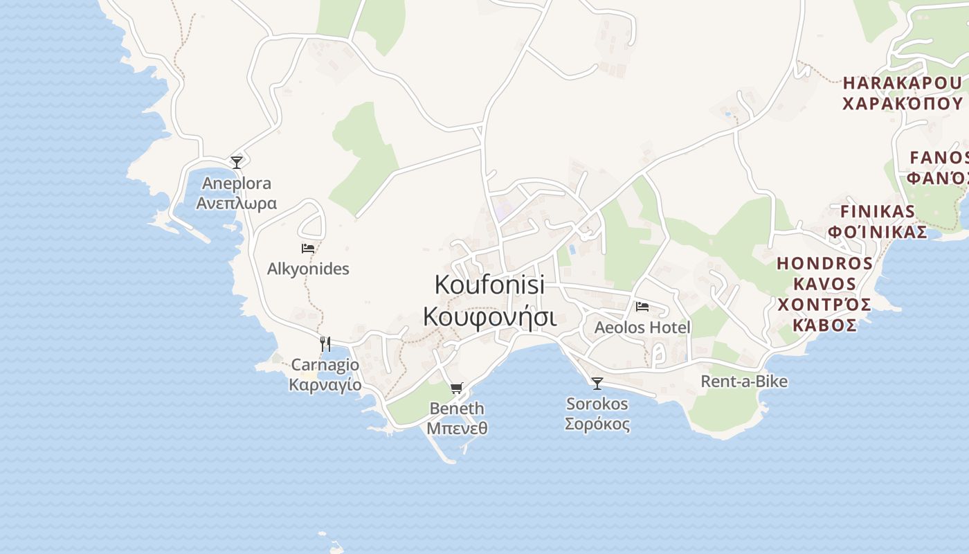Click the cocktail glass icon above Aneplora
click(237, 163)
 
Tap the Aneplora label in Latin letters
click(237, 184)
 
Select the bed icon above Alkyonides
click(308, 248)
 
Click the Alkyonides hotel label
click(308, 269)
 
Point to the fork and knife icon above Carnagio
click(325, 343)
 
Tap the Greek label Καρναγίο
click(325, 384)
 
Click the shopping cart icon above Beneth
click(456, 388)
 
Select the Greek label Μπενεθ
click(457, 428)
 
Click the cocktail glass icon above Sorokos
click(597, 383)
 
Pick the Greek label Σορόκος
click(597, 424)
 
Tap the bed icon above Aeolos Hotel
click(642, 306)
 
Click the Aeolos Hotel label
click(642, 327)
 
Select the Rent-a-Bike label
click(744, 381)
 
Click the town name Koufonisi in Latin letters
click(489, 284)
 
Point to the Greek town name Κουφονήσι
click(489, 316)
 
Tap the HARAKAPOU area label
click(902, 83)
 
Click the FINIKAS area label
click(878, 211)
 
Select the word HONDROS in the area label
click(825, 263)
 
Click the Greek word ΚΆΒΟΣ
click(825, 325)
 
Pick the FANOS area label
click(939, 157)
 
